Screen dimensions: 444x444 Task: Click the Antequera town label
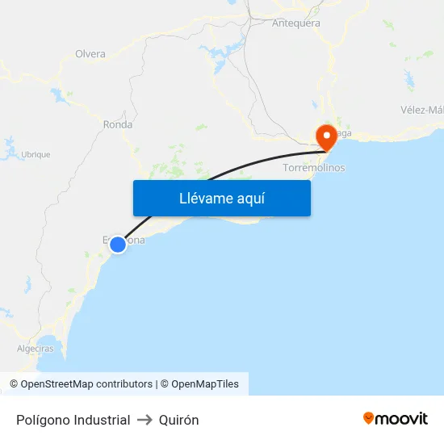(x=295, y=23)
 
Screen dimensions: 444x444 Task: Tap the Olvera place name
(x=90, y=54)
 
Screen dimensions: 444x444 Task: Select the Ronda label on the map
(x=118, y=124)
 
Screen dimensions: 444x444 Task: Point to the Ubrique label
(x=36, y=154)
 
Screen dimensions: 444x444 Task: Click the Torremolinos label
(x=314, y=168)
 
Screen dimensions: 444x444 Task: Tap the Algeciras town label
(x=36, y=349)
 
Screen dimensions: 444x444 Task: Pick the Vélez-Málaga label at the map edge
(x=421, y=110)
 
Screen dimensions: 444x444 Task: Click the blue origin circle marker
(x=118, y=244)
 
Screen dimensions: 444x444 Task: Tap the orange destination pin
(x=327, y=136)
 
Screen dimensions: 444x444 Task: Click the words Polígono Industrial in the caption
(x=73, y=420)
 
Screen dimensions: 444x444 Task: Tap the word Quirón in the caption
(x=179, y=420)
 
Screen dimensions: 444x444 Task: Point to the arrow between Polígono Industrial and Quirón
(x=145, y=420)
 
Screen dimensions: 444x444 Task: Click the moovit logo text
(x=401, y=418)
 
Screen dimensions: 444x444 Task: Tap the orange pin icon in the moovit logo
(x=368, y=418)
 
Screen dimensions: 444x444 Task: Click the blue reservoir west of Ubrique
(x=10, y=147)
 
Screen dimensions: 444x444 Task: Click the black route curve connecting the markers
(x=242, y=161)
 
